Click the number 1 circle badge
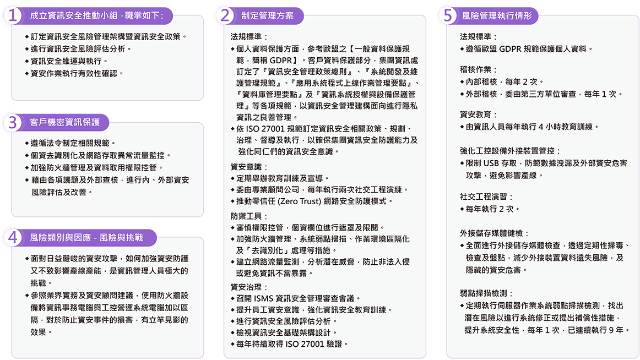pyautogui.click(x=13, y=15)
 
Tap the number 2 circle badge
pyautogui.click(x=225, y=15)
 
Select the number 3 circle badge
pyautogui.click(x=13, y=122)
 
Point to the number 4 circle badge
pyautogui.click(x=13, y=237)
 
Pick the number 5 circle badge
pyautogui.click(x=448, y=15)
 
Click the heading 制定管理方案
pyautogui.click(x=267, y=16)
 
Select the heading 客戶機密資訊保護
pyautogui.click(x=65, y=122)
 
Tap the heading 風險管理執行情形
pyautogui.click(x=497, y=16)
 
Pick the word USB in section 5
pyautogui.click(x=491, y=163)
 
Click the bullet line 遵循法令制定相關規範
pyautogui.click(x=70, y=143)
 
